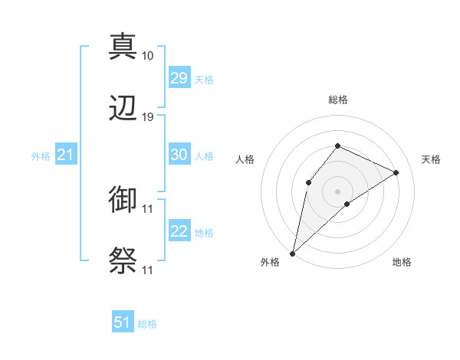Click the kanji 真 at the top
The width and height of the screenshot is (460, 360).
[123, 46]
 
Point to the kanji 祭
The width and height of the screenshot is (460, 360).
[123, 261]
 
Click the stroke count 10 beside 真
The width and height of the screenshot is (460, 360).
[148, 55]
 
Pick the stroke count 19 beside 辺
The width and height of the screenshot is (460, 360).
[148, 117]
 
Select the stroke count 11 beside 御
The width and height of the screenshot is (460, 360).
[148, 208]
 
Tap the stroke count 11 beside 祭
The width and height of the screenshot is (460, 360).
[148, 270]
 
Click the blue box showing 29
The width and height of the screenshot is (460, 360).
[179, 78]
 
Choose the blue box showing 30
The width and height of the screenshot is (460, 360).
[179, 155]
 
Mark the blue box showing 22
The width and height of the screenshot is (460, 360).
[179, 231]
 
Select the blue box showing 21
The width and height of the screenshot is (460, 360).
[65, 155]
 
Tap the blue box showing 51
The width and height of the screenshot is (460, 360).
[123, 322]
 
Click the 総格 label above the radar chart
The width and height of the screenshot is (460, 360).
[337, 100]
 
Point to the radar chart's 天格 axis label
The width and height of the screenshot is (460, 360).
[431, 159]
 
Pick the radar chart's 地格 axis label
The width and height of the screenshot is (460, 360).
[402, 262]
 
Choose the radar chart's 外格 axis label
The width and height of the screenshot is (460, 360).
[270, 262]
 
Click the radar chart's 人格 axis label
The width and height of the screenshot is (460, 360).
[245, 159]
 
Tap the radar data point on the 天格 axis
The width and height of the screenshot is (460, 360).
[396, 172]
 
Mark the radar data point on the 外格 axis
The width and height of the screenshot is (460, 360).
[292, 253]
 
